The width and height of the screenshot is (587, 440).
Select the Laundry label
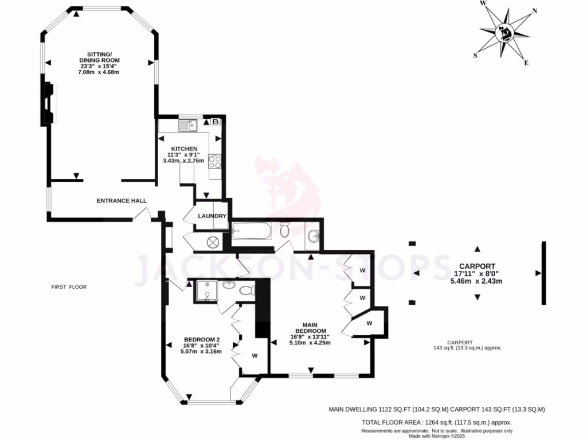tap(212, 216)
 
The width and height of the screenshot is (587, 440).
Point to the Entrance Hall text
tap(122, 201)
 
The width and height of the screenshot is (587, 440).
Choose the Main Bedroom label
tap(311, 327)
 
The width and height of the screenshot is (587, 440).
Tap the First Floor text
tap(69, 286)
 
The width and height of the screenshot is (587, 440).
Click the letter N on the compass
tap(534, 11)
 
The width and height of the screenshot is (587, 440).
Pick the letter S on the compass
tap(475, 56)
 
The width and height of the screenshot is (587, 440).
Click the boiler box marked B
tap(216, 122)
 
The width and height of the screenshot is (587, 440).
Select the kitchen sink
tap(187, 124)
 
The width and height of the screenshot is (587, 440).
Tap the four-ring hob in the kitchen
tap(215, 162)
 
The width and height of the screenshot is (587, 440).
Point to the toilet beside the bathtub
tap(284, 230)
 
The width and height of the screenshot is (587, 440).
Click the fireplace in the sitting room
tap(48, 103)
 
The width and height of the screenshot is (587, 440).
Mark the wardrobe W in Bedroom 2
tap(254, 356)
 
